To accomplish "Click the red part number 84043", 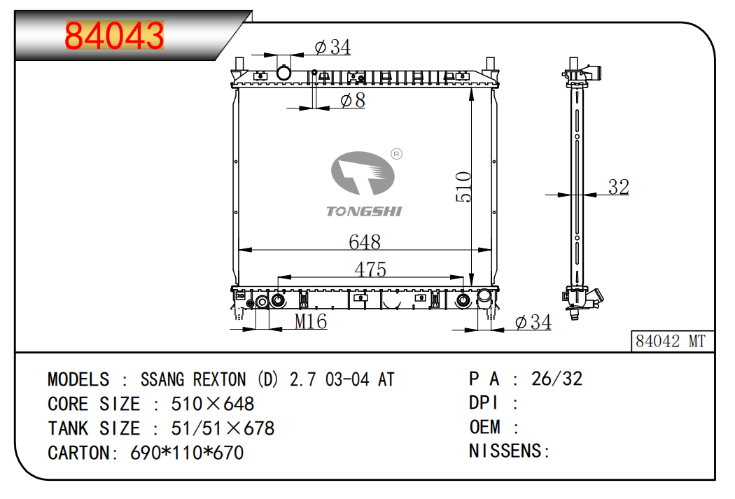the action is [x=114, y=36].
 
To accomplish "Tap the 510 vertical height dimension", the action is [x=463, y=186].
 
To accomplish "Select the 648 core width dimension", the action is [x=365, y=241].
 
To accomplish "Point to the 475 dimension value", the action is [x=370, y=269].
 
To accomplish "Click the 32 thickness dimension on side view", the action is [x=618, y=187].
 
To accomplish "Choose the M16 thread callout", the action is [x=311, y=321].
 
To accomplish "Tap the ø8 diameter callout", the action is [x=353, y=100].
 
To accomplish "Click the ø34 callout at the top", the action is [x=332, y=47].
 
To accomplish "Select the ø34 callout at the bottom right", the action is [x=533, y=322].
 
